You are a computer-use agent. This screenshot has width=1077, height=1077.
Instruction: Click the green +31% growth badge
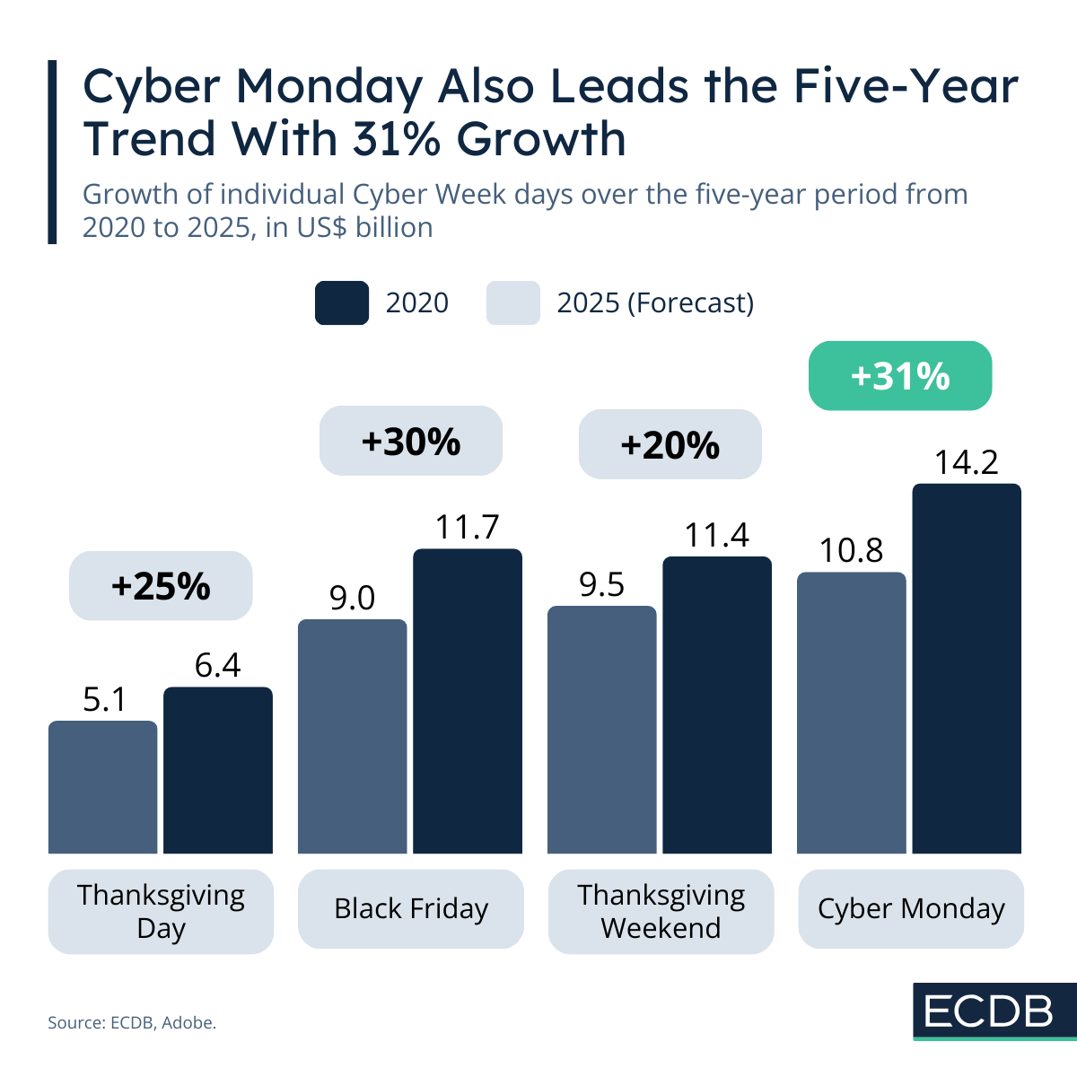[x=900, y=376]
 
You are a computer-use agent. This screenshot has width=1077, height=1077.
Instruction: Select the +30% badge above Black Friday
[x=411, y=441]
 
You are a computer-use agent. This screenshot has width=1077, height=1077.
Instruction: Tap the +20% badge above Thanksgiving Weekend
[x=670, y=444]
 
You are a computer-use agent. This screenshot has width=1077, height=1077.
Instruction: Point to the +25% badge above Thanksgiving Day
[x=161, y=585]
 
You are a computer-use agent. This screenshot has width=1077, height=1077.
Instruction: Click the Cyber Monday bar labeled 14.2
[x=967, y=669]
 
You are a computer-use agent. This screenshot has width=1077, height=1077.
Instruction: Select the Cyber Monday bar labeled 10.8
[x=851, y=713]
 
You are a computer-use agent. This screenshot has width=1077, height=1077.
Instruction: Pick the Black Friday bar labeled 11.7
[x=467, y=701]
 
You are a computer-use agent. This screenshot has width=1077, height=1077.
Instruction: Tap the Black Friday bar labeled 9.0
[x=352, y=736]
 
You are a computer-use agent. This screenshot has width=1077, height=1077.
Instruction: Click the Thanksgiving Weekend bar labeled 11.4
[x=717, y=705]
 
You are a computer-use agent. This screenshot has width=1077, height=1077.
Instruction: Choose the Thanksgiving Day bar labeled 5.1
[x=102, y=787]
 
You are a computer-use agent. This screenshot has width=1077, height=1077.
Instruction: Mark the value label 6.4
[x=218, y=665]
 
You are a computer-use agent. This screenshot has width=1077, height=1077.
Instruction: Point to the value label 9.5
[x=601, y=584]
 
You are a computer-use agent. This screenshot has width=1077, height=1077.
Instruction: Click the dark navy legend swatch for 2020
[x=341, y=302]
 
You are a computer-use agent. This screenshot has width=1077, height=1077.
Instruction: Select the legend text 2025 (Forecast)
[x=655, y=302]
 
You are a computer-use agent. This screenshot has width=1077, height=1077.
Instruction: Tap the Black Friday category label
[x=411, y=908]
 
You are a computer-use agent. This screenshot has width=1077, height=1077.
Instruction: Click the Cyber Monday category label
[x=911, y=908]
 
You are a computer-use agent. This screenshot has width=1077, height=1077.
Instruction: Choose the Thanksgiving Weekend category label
[x=661, y=911]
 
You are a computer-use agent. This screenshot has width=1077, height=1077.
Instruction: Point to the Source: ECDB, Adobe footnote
[x=132, y=1022]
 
